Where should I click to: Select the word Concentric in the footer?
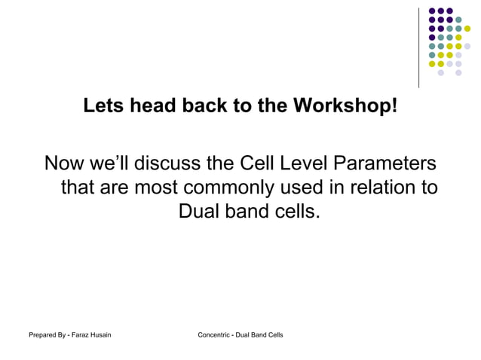(x=213, y=334)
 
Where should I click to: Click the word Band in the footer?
(x=260, y=334)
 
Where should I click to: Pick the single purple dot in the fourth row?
(x=432, y=38)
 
